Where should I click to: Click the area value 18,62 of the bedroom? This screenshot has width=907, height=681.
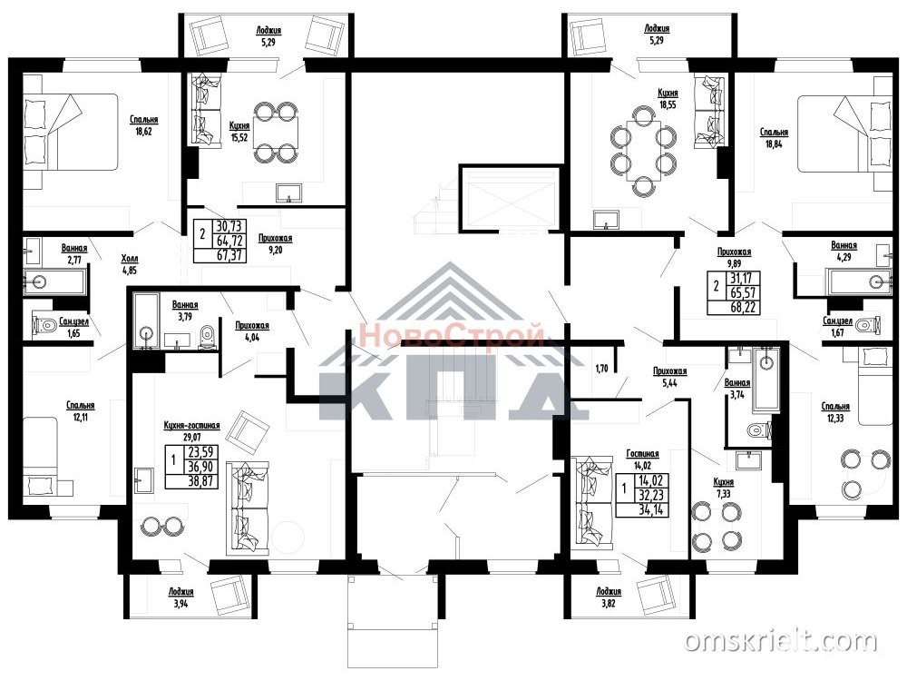point(144,131)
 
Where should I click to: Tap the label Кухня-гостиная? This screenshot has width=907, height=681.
point(192,425)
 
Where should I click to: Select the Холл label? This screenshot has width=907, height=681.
point(130,259)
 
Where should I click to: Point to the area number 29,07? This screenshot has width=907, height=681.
point(192,437)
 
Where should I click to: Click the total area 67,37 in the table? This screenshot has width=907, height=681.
point(229,255)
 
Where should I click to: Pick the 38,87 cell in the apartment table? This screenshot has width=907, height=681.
point(200,480)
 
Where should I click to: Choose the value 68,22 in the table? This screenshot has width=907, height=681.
point(744,306)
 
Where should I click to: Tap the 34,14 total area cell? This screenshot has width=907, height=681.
point(650,509)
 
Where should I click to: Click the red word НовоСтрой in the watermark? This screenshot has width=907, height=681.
point(451,335)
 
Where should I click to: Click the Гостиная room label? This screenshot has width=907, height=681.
point(643,454)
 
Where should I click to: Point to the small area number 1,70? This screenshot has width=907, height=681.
point(601,368)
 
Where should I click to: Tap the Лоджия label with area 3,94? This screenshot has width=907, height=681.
point(181,592)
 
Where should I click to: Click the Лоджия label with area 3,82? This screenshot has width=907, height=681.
point(609,591)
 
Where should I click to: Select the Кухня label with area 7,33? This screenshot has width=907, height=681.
point(724,482)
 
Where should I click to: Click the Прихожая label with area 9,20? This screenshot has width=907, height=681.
point(276,238)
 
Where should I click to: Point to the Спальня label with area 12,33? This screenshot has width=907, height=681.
point(835,407)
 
